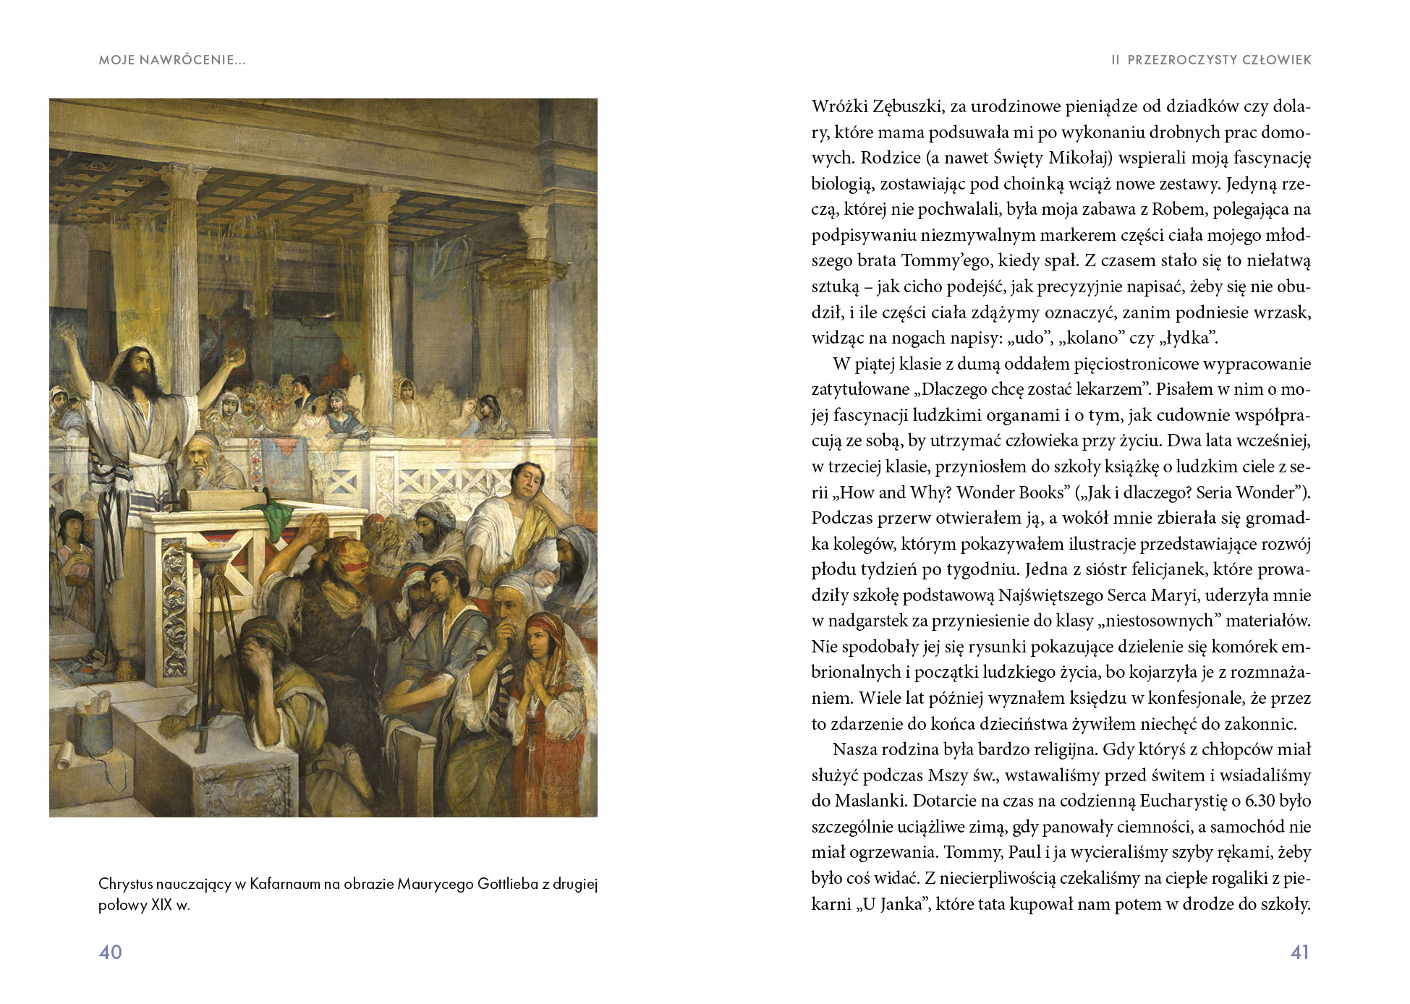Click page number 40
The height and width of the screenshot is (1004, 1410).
[110, 952]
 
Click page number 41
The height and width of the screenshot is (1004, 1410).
[1299, 952]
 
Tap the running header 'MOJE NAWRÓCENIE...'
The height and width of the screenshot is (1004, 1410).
[172, 60]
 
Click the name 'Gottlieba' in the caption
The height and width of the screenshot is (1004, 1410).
[509, 884]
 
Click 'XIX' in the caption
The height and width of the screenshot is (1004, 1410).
[160, 905]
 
